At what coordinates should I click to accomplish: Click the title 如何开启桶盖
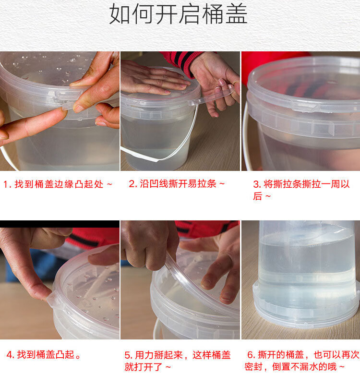point(178,14)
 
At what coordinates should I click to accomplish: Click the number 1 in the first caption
point(6,184)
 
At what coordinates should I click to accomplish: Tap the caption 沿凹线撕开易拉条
point(178,183)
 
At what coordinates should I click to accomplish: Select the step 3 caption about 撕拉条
point(301,190)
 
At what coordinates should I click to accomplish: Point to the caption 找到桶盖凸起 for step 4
point(46,355)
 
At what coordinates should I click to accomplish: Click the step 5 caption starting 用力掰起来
point(178,361)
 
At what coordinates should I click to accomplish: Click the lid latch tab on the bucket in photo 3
point(304,107)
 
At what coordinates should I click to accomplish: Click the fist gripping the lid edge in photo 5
point(149,244)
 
